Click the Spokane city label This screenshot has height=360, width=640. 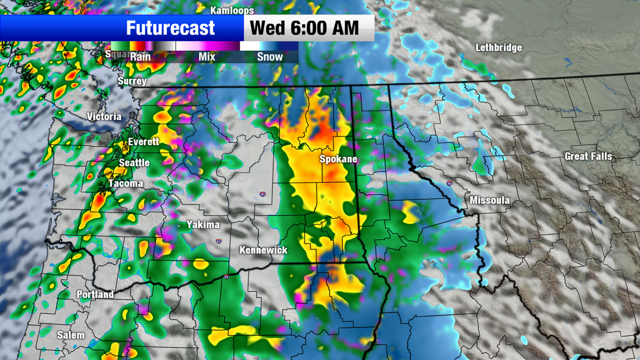[338, 159]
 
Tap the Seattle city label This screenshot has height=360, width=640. [134, 163]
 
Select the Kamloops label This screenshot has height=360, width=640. [232, 10]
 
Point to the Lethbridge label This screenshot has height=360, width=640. [498, 48]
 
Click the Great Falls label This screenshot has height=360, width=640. [588, 157]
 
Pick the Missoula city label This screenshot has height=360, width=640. [490, 200]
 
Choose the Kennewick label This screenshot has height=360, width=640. [263, 250]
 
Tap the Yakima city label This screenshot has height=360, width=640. [202, 225]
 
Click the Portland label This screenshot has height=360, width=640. [95, 295]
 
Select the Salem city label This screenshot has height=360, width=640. [71, 335]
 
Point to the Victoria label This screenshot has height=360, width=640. [104, 117]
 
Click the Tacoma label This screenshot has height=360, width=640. [125, 183]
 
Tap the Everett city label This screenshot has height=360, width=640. [143, 142]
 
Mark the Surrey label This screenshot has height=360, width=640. [132, 81]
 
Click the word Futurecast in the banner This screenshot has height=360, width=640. [170, 28]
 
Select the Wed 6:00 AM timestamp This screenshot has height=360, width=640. [304, 28]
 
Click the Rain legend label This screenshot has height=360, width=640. [140, 57]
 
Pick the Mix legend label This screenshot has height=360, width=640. [207, 57]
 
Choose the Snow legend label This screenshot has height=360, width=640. [270, 57]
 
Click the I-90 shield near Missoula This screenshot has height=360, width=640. [449, 184]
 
